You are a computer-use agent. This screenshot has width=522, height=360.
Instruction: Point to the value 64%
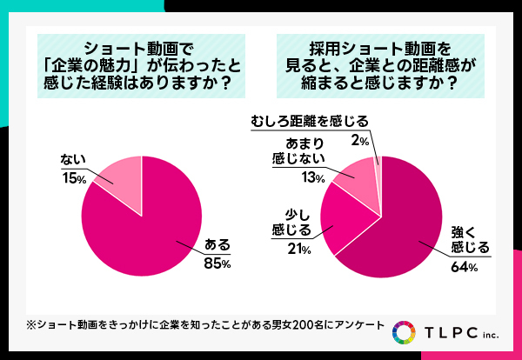tap(464, 267)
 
